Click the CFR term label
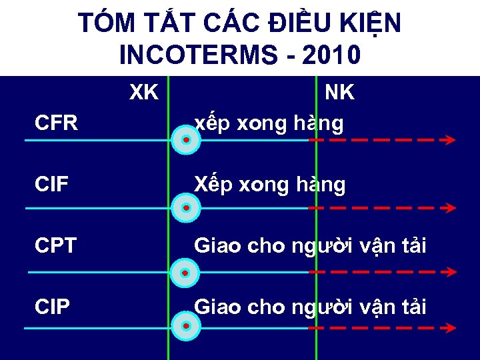click(x=57, y=123)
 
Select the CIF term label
click(x=52, y=185)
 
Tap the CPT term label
click(x=56, y=246)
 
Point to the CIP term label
click(x=52, y=307)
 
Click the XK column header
click(x=143, y=93)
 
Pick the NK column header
click(x=339, y=93)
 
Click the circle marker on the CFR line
click(x=186, y=141)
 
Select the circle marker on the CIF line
click(x=186, y=208)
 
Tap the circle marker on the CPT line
click(x=186, y=273)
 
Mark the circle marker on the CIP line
click(x=186, y=327)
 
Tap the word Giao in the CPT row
click(x=217, y=246)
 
